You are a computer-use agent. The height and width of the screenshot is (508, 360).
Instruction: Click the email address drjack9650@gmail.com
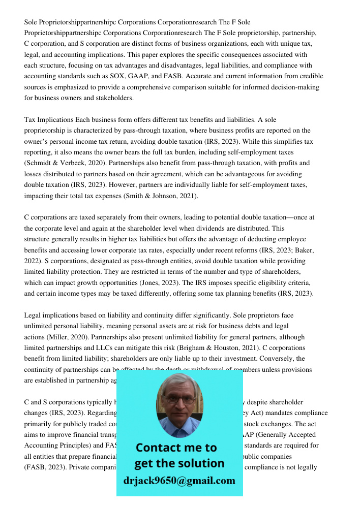click(x=179, y=481)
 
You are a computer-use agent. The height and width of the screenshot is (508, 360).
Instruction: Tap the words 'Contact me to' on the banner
click(x=176, y=448)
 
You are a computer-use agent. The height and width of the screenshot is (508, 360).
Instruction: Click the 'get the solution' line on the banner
click(x=179, y=463)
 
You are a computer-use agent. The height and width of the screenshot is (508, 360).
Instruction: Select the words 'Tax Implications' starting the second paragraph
click(x=49, y=120)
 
